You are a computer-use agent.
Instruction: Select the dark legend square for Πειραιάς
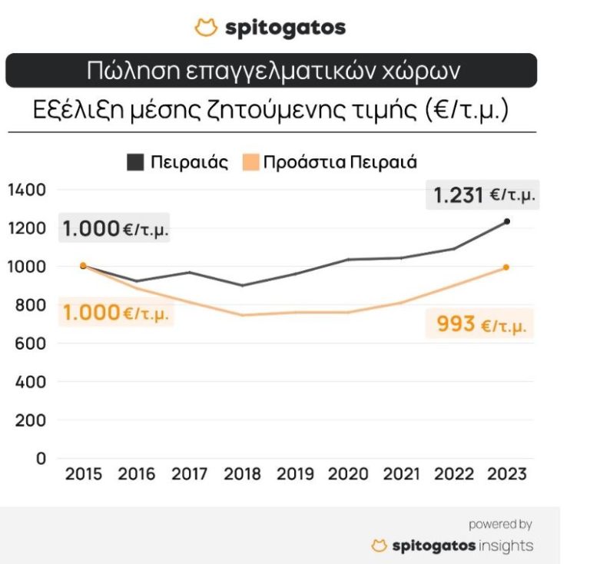coord(135,162)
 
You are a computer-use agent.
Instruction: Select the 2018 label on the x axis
coord(243,474)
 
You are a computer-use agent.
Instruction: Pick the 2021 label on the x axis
coord(402,474)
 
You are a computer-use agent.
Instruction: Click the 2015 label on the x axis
coord(84,474)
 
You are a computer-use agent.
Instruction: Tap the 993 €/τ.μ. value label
coord(481,324)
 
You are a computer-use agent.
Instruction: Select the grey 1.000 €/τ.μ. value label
coord(115,228)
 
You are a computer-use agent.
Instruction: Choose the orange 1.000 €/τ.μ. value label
coord(115,313)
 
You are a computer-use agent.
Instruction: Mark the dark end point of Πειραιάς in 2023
coord(506,221)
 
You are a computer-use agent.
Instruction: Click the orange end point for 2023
coord(506,267)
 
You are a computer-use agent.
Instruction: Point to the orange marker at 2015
coord(83,266)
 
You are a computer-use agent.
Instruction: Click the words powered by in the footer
coord(500,524)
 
